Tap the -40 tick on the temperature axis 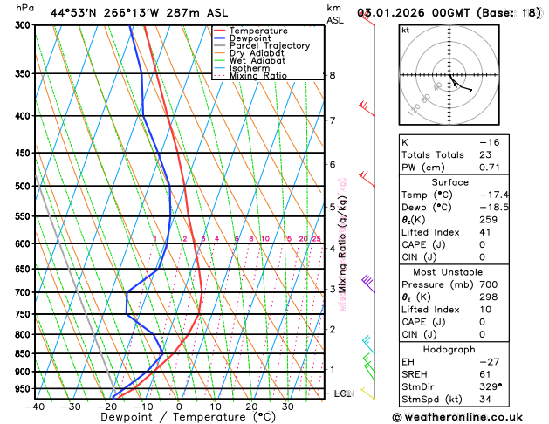[x=35, y=406]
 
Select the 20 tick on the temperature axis [x=251, y=406]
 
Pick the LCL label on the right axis [x=343, y=394]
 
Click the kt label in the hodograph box [x=405, y=31]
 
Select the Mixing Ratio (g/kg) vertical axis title [x=343, y=244]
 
